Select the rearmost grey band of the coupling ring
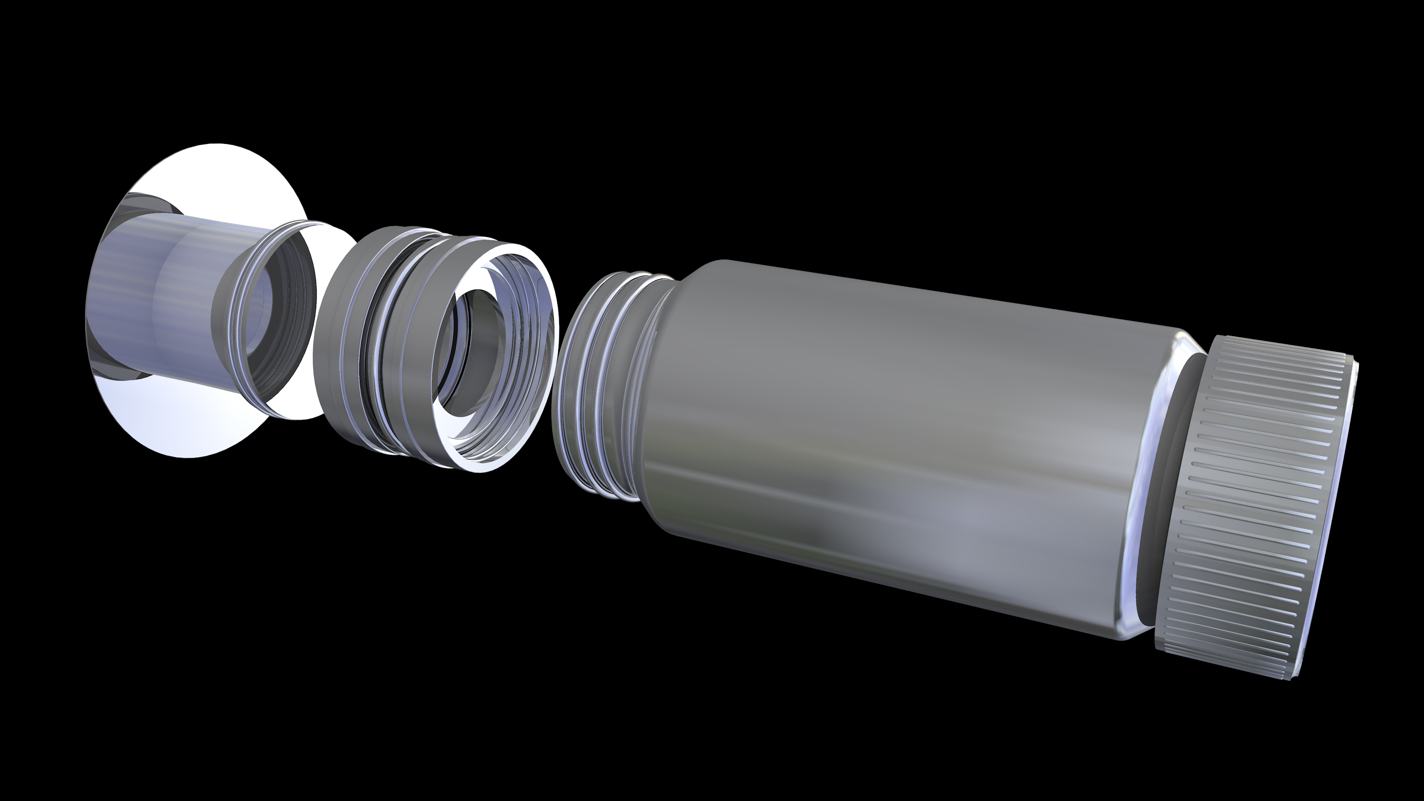click(337, 332)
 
